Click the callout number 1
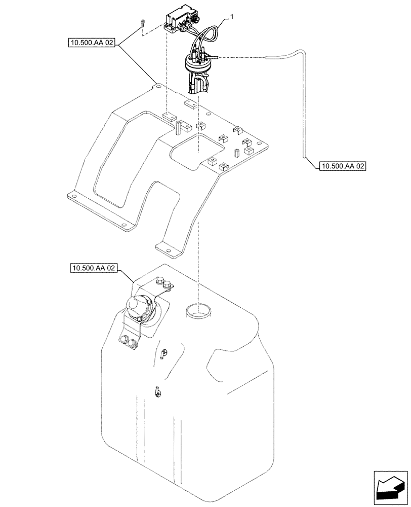pos(231,17)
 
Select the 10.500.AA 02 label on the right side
pos(342,166)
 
